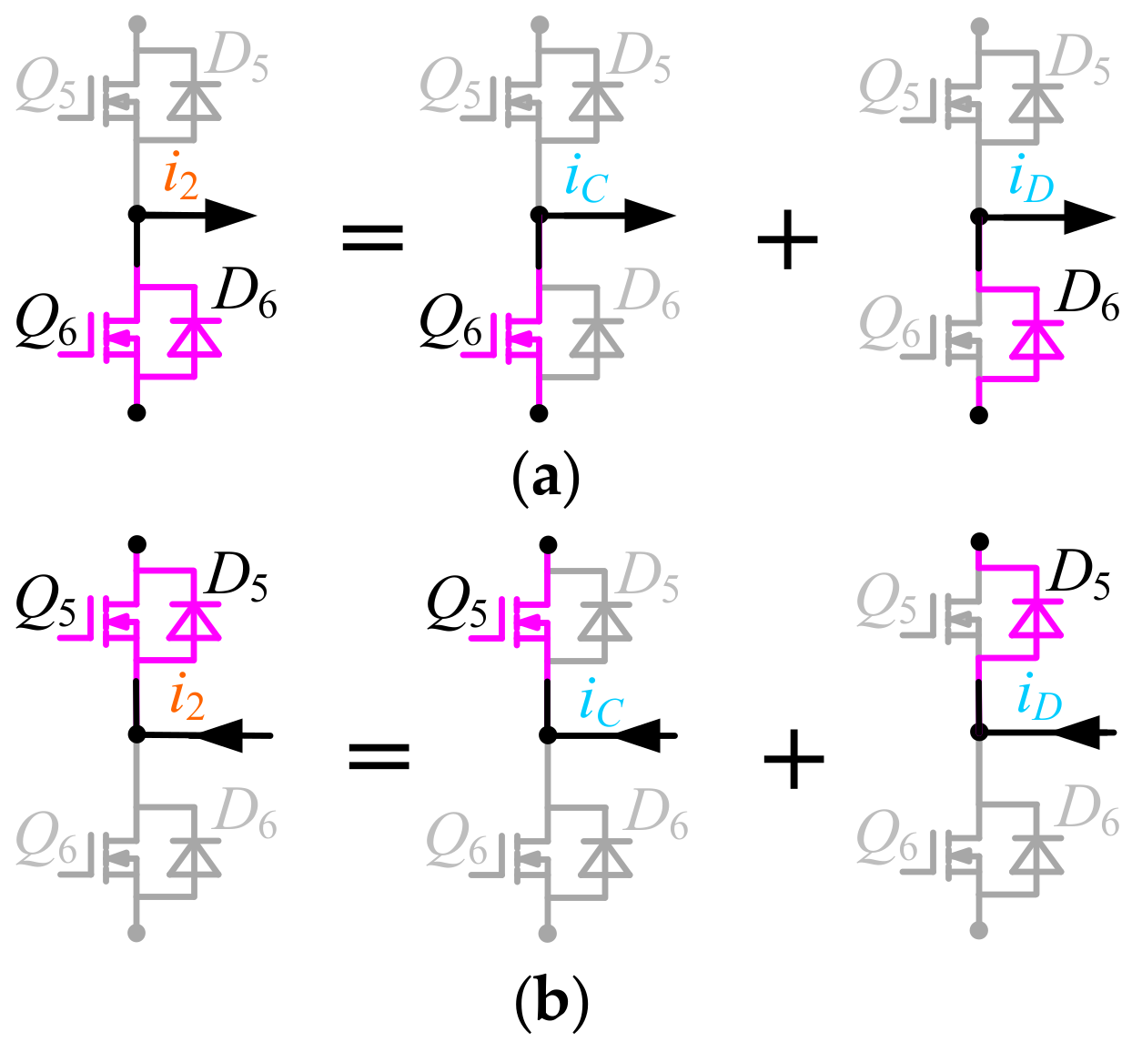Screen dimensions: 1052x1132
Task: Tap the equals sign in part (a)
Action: pyautogui.click(x=371, y=239)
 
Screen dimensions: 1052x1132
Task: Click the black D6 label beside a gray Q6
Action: pyautogui.click(x=1089, y=296)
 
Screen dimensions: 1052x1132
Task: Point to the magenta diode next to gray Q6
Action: pyautogui.click(x=1036, y=337)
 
